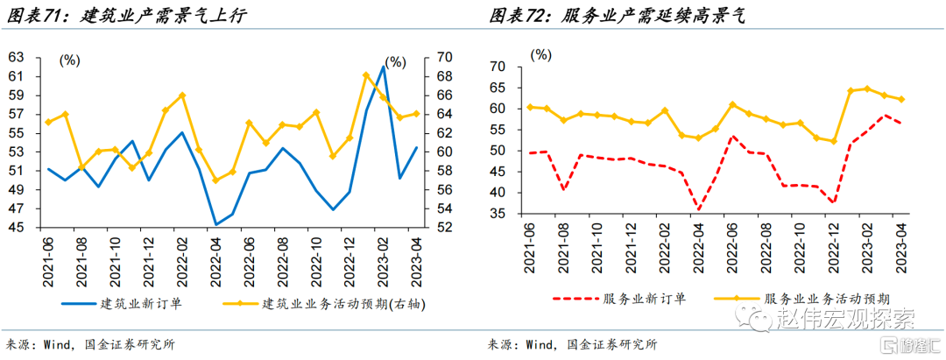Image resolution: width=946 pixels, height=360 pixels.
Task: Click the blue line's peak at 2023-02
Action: coord(383,67)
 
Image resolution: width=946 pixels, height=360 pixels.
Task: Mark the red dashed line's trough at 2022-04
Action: coord(697,209)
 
